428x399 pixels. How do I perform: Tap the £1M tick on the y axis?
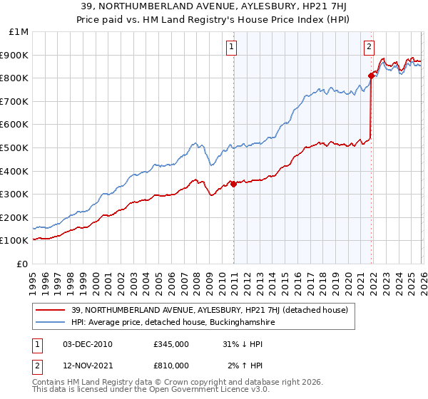tap(19, 32)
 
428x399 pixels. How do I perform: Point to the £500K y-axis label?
tap(15, 147)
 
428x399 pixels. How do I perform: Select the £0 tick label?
tap(23, 264)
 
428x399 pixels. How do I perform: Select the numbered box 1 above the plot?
tap(233, 47)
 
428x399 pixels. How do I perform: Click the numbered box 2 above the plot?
tap(369, 47)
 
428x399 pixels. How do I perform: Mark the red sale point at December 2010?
tap(233, 184)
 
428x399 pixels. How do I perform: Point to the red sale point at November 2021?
tap(371, 76)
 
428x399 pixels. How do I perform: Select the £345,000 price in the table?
tap(170, 344)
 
